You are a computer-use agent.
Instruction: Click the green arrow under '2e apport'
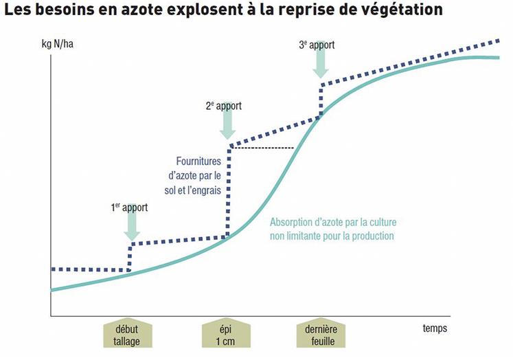(229, 125)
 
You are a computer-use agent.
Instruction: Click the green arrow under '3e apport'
(321, 64)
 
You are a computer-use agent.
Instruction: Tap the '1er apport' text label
(129, 206)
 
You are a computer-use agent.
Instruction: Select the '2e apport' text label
(224, 106)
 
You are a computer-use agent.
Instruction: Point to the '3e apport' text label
(317, 45)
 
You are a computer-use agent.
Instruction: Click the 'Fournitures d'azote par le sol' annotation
(194, 176)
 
